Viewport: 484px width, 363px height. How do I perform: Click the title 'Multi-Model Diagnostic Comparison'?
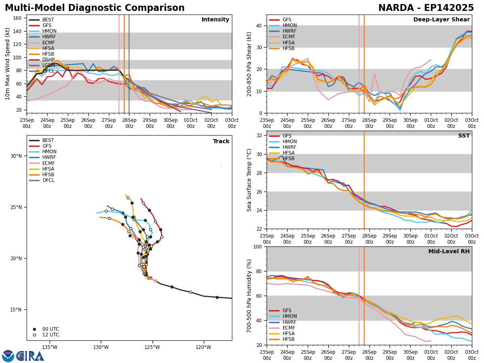[x=94, y=8]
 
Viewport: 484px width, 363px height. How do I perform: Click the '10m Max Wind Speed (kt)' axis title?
[x=8, y=64]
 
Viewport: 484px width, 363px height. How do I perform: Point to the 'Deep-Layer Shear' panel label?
[x=441, y=20]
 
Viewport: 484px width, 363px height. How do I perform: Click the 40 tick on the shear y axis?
[x=259, y=25]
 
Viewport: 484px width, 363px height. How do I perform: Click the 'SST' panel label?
[x=463, y=136]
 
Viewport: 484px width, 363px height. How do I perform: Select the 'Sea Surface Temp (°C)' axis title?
[x=250, y=180]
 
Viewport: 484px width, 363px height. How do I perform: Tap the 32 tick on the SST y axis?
[x=259, y=136]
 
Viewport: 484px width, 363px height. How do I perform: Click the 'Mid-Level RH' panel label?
[x=449, y=252]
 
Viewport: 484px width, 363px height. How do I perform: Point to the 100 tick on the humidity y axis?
[x=257, y=247]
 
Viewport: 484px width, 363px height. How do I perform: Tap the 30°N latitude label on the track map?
[x=17, y=156]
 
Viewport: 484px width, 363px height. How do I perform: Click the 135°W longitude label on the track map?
[x=50, y=347]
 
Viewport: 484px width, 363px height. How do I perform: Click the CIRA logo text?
[x=31, y=356]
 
